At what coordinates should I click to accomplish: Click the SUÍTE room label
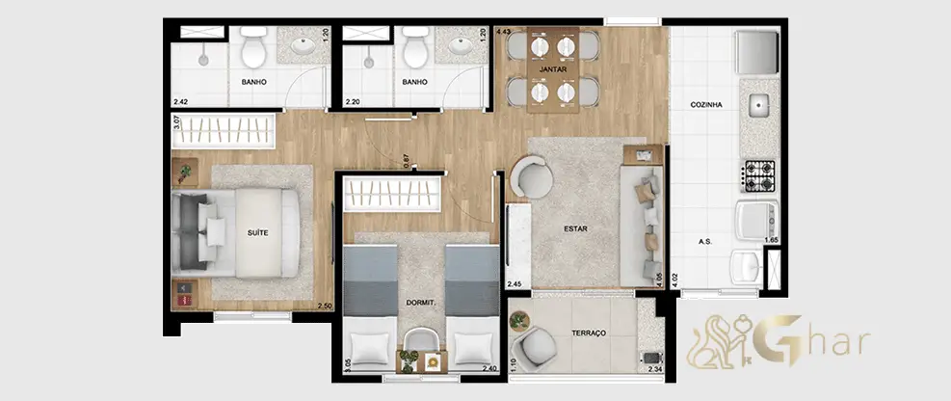coord(258,232)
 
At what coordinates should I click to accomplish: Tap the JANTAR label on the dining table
coord(552,69)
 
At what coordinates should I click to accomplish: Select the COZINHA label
coord(706,105)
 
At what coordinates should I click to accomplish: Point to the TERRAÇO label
coord(589,334)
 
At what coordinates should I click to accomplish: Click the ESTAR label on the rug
coord(575,228)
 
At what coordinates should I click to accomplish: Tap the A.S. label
coord(704,241)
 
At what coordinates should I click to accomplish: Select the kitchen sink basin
coord(758,107)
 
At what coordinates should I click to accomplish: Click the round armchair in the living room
coord(531,176)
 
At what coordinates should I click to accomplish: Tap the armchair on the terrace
coord(533,349)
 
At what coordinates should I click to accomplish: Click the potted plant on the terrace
coord(518,320)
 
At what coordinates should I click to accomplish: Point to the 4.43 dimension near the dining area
coord(502,32)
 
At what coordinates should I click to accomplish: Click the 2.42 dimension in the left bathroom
coord(180,102)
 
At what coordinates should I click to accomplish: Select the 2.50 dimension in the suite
coord(326,307)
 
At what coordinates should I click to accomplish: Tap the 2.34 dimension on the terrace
coord(655,369)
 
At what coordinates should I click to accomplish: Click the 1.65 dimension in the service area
coord(771,241)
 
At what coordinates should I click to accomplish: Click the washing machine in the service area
coord(755,220)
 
